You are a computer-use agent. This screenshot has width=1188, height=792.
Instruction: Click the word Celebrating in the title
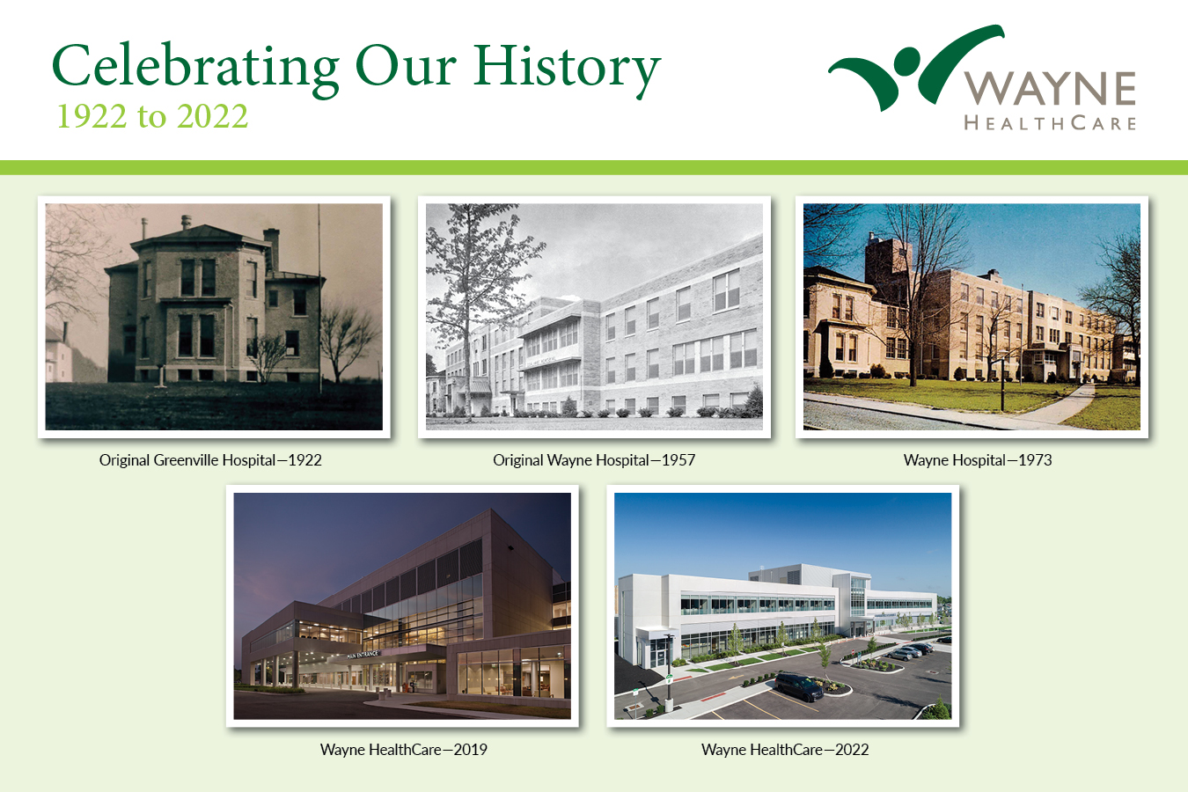(195, 68)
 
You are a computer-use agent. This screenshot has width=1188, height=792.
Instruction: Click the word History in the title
(567, 69)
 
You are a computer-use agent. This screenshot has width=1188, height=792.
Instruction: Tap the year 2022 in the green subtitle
(213, 116)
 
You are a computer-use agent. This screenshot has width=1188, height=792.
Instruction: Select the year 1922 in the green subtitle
(92, 116)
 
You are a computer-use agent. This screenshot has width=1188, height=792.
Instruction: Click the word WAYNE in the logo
(1050, 88)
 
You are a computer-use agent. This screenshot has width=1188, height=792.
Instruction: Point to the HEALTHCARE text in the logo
(1050, 123)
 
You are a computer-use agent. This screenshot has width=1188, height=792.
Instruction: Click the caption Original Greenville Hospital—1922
(210, 460)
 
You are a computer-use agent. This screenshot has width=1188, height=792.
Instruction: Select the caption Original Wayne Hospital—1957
(594, 460)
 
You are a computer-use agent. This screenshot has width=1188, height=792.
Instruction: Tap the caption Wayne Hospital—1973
(978, 460)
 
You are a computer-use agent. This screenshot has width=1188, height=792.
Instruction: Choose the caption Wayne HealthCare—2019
(404, 750)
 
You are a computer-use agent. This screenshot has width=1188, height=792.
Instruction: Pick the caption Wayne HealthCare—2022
(785, 750)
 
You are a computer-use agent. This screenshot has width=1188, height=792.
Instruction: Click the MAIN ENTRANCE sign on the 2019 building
(363, 655)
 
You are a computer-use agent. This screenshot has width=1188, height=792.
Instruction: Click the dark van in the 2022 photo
(799, 687)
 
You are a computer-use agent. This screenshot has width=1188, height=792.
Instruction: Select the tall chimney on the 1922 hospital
(272, 249)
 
